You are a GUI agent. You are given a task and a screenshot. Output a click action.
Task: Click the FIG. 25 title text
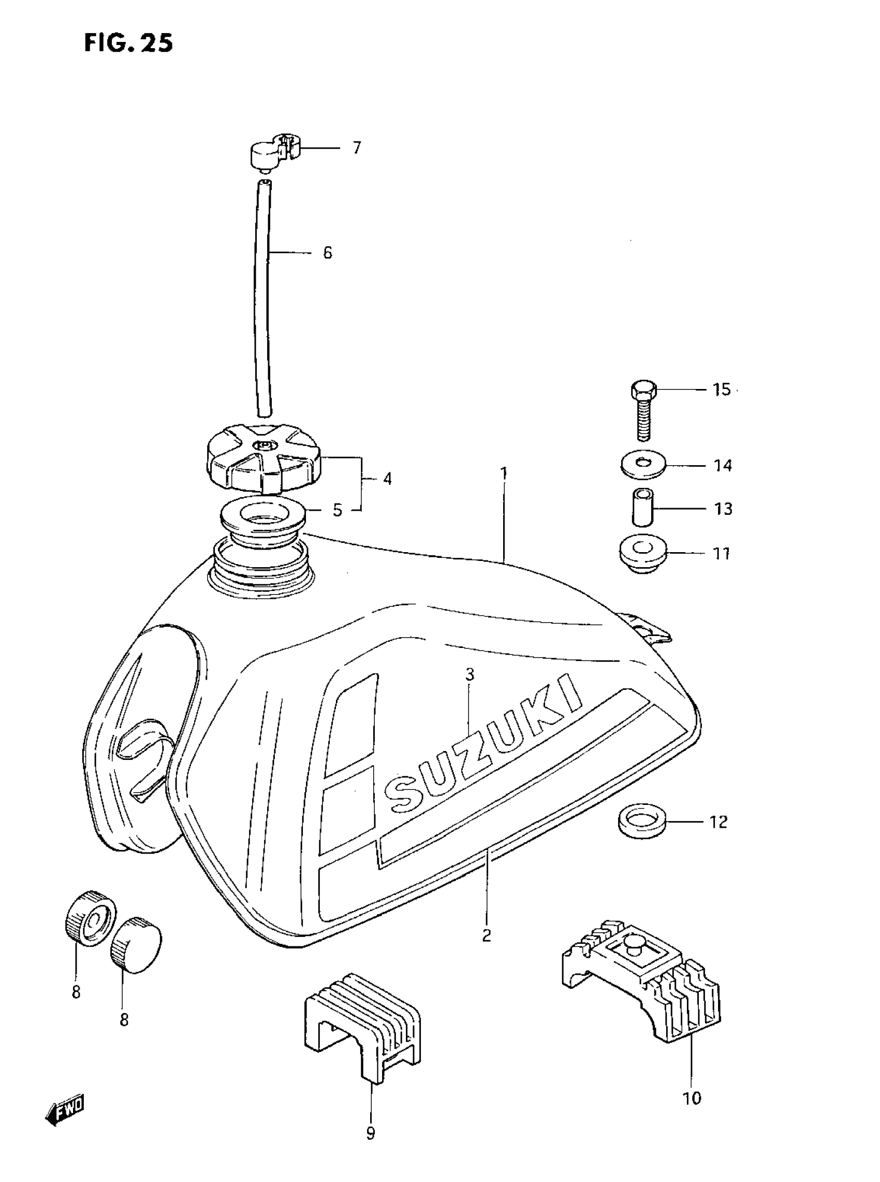click(x=128, y=42)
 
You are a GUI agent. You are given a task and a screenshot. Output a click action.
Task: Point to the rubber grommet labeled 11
click(x=644, y=554)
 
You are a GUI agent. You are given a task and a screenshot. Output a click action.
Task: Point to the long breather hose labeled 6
click(x=262, y=298)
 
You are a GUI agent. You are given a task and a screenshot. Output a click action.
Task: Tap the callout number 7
click(x=356, y=148)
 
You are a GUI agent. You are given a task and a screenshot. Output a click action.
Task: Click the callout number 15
click(x=722, y=390)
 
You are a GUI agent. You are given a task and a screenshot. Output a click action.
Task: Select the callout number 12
click(x=718, y=823)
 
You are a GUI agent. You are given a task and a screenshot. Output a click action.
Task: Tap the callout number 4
click(x=387, y=479)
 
